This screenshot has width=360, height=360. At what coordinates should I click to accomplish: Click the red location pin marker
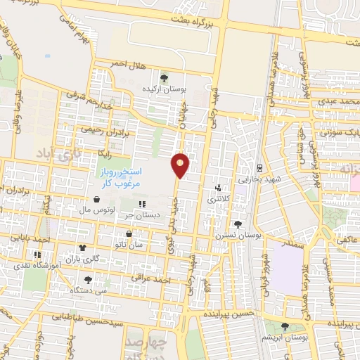pos(181,165)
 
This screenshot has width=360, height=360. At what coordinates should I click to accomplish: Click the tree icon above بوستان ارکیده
pos(164,78)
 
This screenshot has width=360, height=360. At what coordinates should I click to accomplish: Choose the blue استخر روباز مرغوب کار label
pos(119,176)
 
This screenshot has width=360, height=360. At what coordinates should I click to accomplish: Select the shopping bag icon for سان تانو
pos(128,233)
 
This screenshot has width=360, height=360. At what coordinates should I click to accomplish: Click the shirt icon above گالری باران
pos(83,248)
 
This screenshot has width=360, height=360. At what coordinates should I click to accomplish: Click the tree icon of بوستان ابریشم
pos(285,327)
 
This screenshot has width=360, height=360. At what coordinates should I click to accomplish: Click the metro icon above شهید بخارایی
pos(259,167)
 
